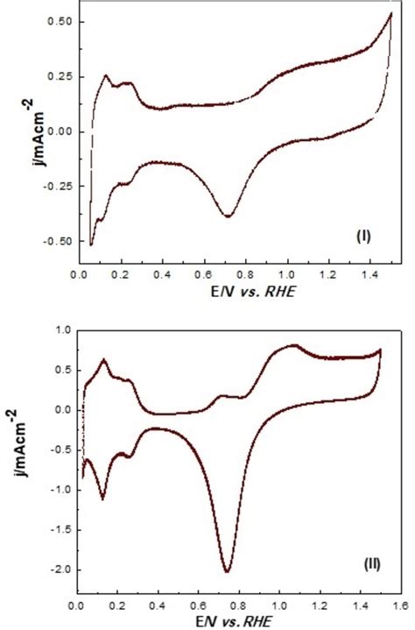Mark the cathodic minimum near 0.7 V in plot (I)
tap(229, 216)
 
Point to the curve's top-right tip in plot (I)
tap(390, 13)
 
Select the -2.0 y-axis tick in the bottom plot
tap(59, 570)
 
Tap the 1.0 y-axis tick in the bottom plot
tap(62, 330)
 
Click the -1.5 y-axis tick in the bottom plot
tap(59, 529)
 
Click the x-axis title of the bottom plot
tap(236, 622)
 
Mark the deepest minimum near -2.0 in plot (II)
tap(228, 571)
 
